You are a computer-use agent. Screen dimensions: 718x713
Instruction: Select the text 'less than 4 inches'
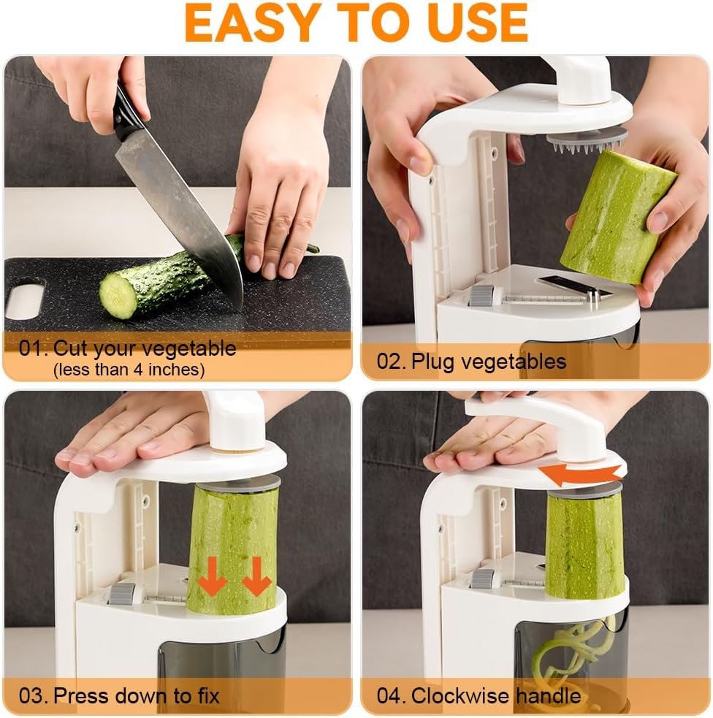click(129, 370)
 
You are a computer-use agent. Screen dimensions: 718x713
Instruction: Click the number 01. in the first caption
click(33, 348)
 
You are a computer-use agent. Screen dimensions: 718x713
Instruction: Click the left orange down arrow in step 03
click(214, 576)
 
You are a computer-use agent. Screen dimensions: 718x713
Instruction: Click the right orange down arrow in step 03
click(256, 576)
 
